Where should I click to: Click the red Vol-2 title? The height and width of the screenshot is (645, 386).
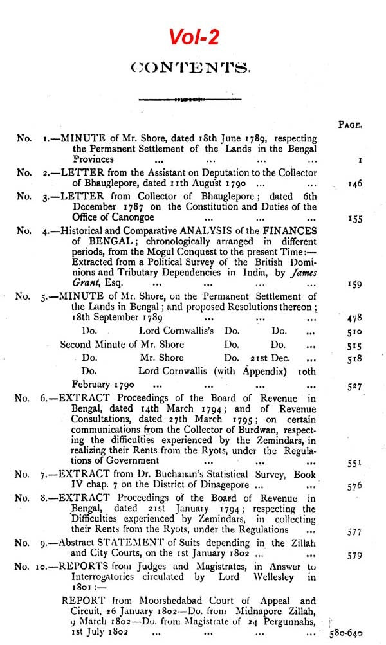point(194,37)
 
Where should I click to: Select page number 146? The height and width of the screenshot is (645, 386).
point(354,184)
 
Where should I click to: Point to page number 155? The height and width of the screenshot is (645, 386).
point(354,219)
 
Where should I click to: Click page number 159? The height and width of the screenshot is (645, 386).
point(354,284)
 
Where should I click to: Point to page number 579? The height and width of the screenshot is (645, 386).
point(354,555)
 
